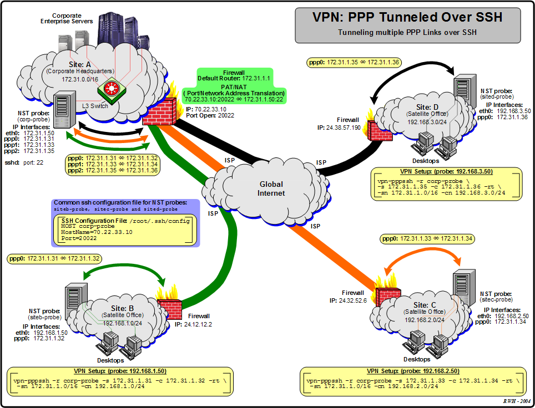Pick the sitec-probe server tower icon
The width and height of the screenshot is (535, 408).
click(463, 287)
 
